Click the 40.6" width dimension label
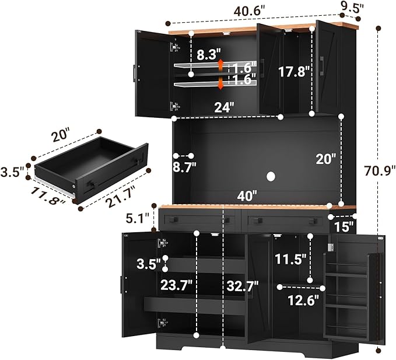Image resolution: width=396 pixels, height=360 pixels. tap(249, 11)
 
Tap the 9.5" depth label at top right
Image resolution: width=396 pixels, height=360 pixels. tap(352, 8)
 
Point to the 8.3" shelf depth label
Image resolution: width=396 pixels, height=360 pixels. tap(209, 55)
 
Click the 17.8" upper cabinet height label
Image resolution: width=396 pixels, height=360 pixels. tap(294, 72)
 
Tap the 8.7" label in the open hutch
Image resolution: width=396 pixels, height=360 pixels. tap(184, 167)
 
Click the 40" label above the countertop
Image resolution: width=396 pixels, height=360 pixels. tap(247, 196)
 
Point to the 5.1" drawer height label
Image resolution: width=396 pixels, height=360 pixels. tap(137, 218)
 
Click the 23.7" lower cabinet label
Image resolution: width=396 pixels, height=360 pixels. tap(177, 285)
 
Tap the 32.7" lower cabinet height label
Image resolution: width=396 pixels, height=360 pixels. tap(243, 286)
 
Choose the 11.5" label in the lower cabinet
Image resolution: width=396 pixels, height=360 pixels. tap(290, 259)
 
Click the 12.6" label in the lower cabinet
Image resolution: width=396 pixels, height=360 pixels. tap(303, 300)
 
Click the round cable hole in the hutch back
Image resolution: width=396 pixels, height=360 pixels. tap(271, 176)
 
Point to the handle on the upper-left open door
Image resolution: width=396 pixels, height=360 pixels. tap(135, 74)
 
